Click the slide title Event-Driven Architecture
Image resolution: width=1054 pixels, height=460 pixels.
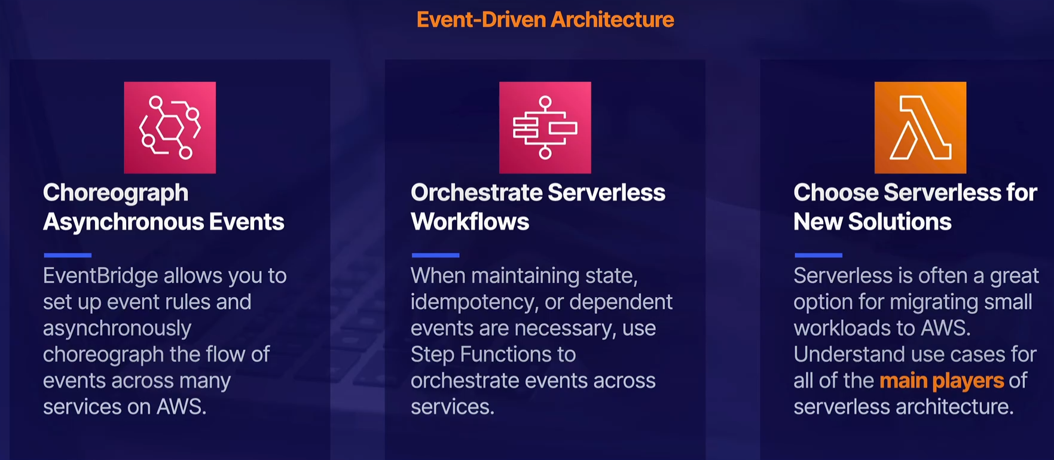[x=545, y=20]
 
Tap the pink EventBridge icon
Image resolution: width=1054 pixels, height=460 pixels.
[x=170, y=128]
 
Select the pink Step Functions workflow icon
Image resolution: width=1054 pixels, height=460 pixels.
[x=545, y=128]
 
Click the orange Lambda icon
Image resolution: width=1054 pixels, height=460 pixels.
[x=920, y=128]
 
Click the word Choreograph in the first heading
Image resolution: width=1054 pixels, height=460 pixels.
[x=115, y=194]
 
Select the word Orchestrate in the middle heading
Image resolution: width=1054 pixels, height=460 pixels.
[x=476, y=193]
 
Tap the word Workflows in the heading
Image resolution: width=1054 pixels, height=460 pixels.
[x=470, y=222]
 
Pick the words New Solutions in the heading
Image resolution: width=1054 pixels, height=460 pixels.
[x=872, y=222]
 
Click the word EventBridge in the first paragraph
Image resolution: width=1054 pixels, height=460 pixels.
[x=100, y=276]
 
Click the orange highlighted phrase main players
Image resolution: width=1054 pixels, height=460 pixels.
[x=942, y=381]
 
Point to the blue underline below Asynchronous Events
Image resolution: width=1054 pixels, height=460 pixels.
[x=68, y=255]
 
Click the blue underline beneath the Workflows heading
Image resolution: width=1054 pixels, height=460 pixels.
[x=435, y=255]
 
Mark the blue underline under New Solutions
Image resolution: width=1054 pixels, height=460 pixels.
[x=818, y=255]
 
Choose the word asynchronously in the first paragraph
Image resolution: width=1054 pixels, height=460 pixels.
[x=117, y=329]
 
